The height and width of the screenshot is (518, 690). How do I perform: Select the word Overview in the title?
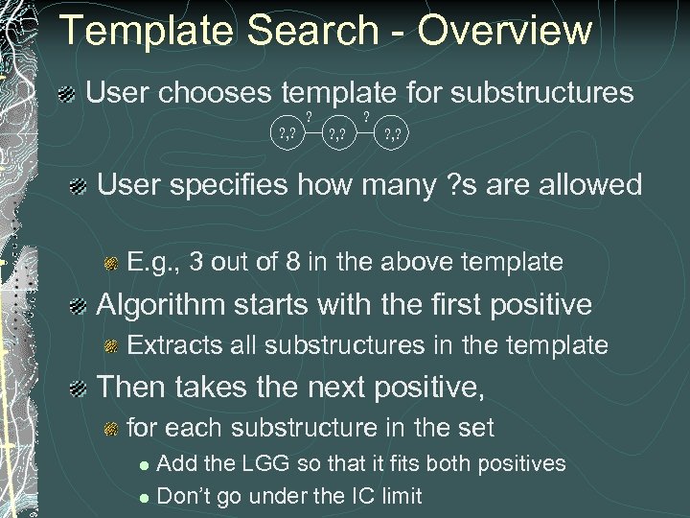coord(505,31)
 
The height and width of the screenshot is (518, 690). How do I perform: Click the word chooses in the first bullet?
coord(218,93)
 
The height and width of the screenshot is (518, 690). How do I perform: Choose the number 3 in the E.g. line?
coord(195,261)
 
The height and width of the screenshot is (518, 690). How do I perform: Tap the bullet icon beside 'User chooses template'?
coord(68,94)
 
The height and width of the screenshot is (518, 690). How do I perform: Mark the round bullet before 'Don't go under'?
coord(144,497)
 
